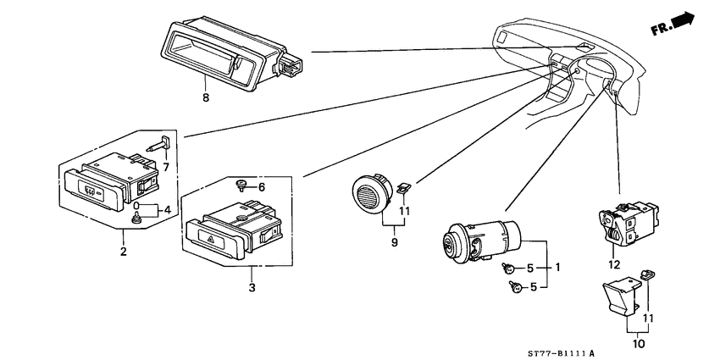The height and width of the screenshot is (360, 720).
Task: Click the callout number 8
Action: (x=206, y=97)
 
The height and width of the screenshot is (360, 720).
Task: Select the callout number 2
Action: (x=123, y=252)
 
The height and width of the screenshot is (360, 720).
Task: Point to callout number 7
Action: (x=166, y=167)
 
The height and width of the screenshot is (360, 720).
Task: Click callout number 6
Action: (x=261, y=187)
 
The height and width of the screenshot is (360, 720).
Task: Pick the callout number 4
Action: (x=167, y=210)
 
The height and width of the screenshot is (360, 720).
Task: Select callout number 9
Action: (x=395, y=242)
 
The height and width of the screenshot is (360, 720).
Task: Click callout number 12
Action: (x=614, y=265)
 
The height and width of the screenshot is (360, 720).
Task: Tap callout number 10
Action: (x=640, y=343)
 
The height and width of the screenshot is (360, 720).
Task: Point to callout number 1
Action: (x=557, y=267)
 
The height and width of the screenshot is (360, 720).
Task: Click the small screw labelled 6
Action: (x=241, y=185)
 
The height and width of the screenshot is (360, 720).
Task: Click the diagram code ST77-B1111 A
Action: (x=560, y=353)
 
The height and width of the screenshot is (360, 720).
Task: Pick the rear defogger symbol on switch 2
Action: (x=90, y=189)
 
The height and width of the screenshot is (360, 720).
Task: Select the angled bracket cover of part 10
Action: (x=620, y=296)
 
